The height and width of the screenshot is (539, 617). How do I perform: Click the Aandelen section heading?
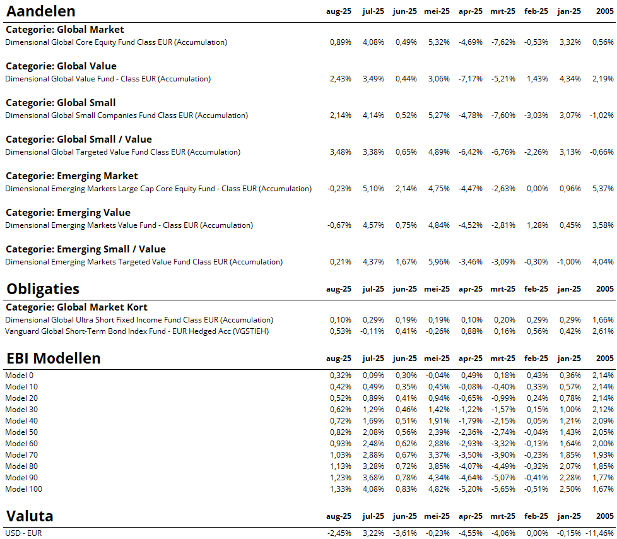(41, 11)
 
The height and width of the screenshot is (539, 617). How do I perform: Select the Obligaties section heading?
(43, 289)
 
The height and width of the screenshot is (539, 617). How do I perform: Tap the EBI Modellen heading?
(54, 358)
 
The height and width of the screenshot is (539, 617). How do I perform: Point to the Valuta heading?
(30, 516)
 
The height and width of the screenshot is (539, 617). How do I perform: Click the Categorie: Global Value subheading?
(61, 66)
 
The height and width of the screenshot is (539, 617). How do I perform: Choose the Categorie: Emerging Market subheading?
(71, 176)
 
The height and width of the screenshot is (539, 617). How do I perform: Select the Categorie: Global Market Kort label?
(76, 307)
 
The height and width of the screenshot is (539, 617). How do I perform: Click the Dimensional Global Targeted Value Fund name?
(122, 152)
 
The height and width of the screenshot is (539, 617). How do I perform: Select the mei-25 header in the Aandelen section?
(437, 11)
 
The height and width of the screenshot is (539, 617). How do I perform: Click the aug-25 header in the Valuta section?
(339, 517)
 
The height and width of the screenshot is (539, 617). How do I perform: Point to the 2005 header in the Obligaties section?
(604, 289)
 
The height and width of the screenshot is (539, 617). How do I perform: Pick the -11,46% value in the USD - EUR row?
(600, 533)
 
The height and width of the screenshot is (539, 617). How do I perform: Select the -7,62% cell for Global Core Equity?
(503, 42)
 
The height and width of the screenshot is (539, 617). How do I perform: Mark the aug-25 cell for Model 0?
(340, 376)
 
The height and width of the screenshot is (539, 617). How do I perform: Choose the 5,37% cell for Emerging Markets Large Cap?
(602, 189)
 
